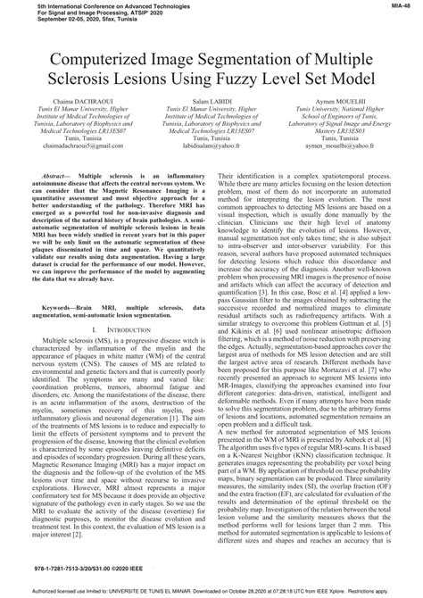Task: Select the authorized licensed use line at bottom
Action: [211, 591]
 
